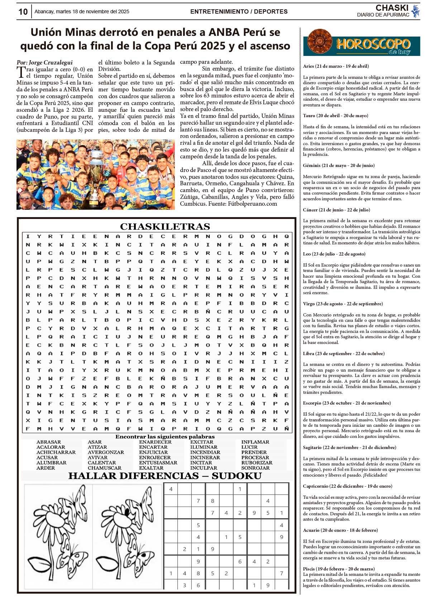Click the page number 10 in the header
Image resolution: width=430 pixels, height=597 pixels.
click(23, 12)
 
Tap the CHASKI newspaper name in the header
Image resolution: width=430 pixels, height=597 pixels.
click(392, 8)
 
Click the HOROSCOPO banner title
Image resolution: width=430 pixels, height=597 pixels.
click(373, 44)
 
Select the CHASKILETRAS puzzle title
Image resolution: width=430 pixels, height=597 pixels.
click(165, 226)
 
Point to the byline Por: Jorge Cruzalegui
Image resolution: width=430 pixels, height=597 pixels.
click(44, 62)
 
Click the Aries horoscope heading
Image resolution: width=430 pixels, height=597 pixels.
click(336, 66)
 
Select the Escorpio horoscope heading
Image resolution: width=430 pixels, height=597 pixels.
click(347, 403)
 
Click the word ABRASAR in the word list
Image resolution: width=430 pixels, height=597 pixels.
click(49, 442)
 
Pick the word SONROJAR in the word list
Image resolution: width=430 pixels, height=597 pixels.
click(255, 468)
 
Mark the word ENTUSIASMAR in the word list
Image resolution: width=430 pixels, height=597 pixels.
click(158, 463)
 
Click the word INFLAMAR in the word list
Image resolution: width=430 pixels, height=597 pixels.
click(255, 442)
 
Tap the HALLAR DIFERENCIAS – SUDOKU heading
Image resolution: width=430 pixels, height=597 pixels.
click(165, 476)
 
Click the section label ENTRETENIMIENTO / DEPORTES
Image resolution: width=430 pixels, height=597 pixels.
click(239, 12)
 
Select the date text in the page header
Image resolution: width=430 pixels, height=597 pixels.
click(82, 12)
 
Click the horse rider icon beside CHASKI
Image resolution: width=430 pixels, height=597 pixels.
click(415, 11)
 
